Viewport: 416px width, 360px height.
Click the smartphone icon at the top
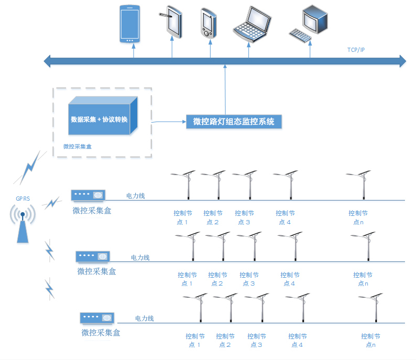[x=129, y=24]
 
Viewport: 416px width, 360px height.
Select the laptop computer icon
[x=253, y=24]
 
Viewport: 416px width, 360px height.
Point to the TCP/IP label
[x=356, y=50]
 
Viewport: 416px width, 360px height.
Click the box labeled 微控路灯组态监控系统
[x=234, y=122]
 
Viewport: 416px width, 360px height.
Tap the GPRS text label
[x=23, y=198]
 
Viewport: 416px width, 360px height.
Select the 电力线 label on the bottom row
[x=145, y=319]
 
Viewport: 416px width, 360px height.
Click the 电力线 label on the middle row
[x=140, y=257]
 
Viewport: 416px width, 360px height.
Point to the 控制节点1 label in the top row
[x=183, y=217]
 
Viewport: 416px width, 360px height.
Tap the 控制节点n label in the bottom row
[x=370, y=340]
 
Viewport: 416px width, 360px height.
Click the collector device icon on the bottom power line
[x=97, y=318]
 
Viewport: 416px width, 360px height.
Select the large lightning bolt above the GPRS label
[x=29, y=168]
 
